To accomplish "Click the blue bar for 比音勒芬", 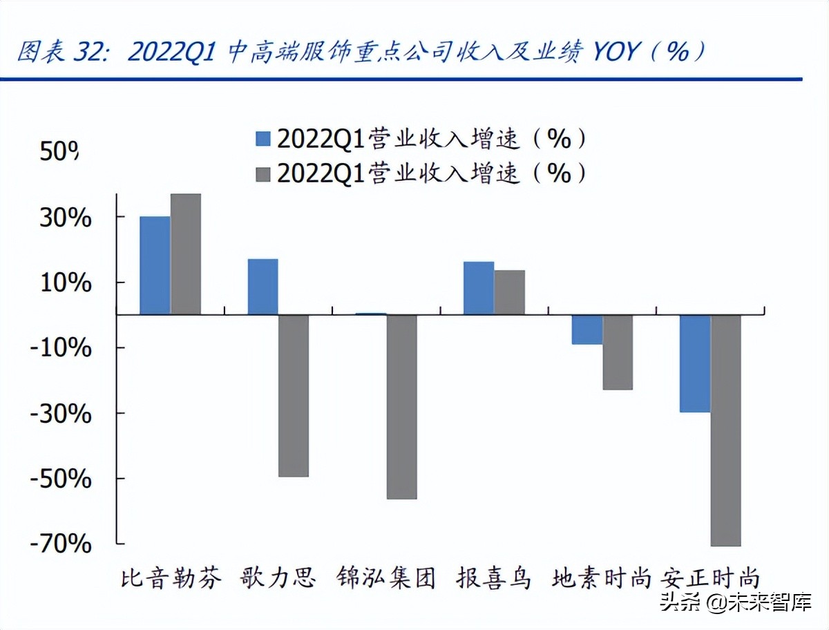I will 155,265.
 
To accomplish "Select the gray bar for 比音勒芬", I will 186,254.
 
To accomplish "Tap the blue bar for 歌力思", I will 263,287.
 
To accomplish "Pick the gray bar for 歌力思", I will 294,396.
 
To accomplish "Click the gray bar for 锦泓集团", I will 401,407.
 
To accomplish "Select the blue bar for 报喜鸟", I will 478,288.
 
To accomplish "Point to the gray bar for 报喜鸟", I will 509,292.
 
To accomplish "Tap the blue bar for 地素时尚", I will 587,330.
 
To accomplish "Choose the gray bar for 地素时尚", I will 618,352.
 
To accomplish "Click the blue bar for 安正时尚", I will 694,363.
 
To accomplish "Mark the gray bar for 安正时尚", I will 725,430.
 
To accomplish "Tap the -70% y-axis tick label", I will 60,544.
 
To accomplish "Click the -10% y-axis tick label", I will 60,347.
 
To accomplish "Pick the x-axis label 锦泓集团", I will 387,577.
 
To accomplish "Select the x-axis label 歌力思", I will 278,577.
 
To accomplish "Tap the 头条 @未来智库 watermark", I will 735,602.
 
